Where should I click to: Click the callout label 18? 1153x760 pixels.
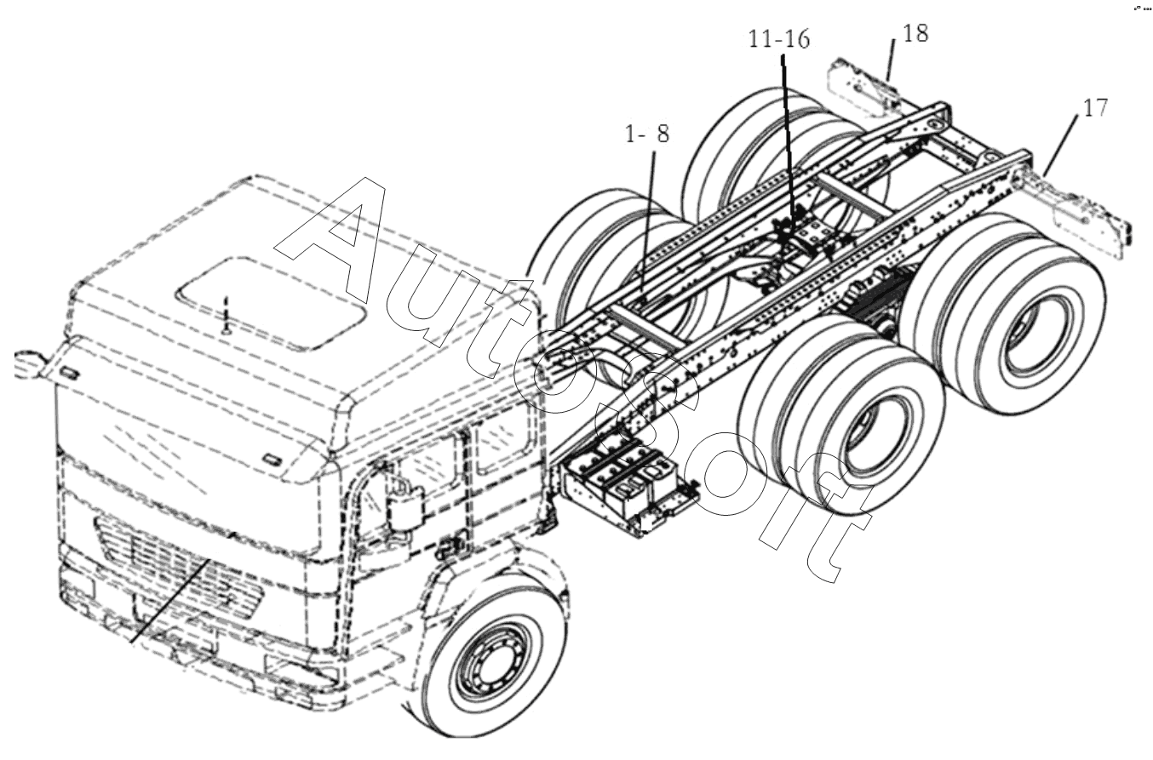click(x=915, y=33)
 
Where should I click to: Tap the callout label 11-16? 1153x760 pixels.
click(x=779, y=39)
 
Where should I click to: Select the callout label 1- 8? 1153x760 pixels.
click(x=647, y=134)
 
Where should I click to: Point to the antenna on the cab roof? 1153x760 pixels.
click(x=225, y=314)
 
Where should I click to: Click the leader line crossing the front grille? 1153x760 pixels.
click(x=169, y=602)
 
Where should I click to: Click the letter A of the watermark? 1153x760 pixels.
click(x=330, y=242)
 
